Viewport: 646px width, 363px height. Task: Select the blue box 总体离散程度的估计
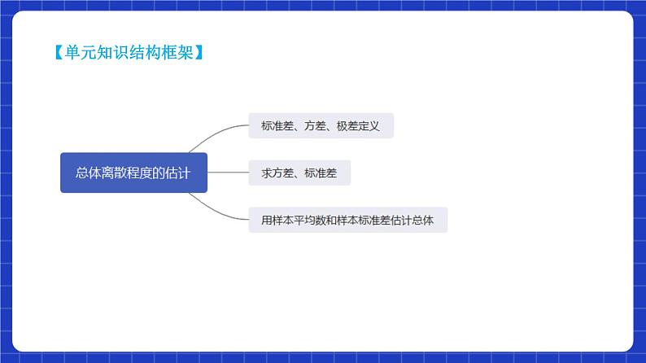point(133,173)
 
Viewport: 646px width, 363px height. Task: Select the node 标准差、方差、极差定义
point(321,126)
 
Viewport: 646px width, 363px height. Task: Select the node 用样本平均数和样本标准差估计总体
point(347,220)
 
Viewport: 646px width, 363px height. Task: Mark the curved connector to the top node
point(216,133)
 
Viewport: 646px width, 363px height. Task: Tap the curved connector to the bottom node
point(216,211)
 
